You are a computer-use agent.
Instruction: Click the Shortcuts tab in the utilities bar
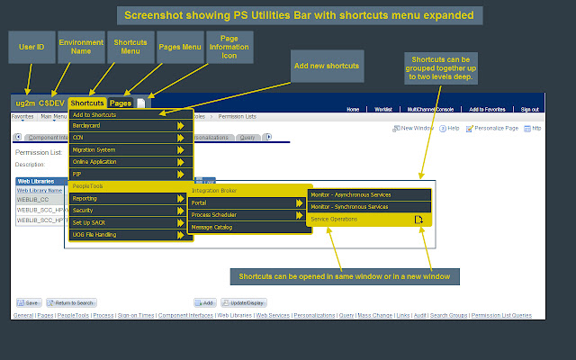(87, 103)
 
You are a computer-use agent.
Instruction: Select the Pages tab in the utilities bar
(120, 103)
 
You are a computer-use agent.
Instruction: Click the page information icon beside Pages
(140, 103)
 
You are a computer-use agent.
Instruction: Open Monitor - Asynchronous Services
(369, 194)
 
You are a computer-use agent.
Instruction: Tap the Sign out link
(529, 110)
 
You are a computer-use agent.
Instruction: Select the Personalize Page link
(495, 129)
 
